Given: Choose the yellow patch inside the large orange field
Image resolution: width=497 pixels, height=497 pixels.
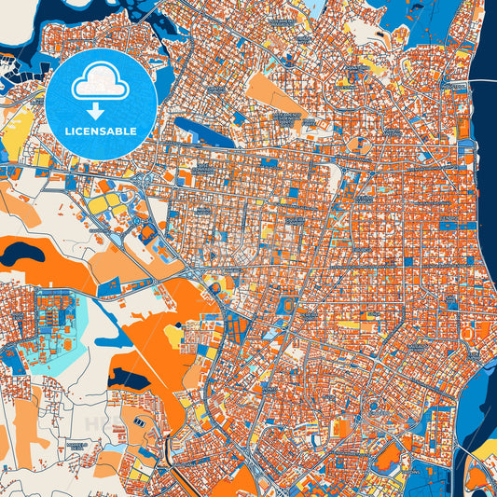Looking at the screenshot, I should (173, 330).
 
